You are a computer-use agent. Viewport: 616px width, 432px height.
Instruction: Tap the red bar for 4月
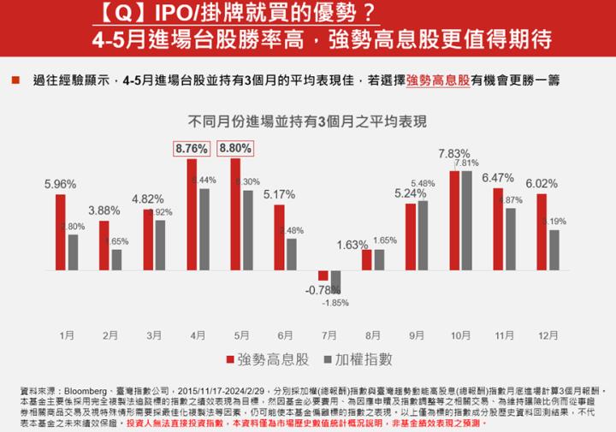point(192,215)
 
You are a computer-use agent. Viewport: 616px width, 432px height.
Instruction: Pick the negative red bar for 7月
point(323,275)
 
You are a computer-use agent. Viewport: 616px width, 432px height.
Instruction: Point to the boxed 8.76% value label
point(191,148)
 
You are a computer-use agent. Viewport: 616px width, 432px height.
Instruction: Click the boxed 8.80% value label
point(235,148)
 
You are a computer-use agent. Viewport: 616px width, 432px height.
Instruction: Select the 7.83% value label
point(454,153)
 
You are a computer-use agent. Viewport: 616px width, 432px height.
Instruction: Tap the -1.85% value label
point(335,303)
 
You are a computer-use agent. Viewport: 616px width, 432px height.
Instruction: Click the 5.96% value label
point(60,183)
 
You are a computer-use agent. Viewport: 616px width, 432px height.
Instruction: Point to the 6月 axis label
point(286,336)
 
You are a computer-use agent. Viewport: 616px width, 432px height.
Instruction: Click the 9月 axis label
point(417,336)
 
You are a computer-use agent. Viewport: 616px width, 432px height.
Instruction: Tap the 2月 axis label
point(110,336)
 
